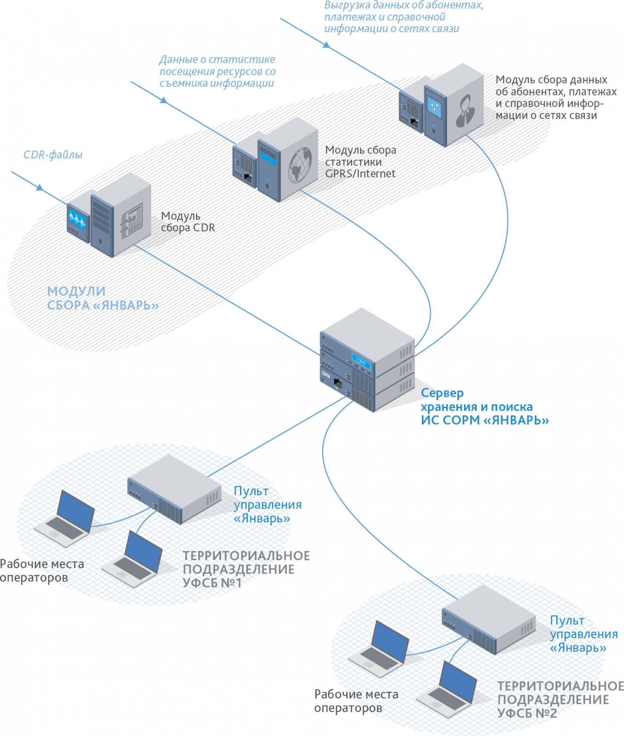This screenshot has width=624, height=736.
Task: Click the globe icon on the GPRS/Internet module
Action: tap(300, 164)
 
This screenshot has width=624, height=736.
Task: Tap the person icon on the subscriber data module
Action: tap(465, 110)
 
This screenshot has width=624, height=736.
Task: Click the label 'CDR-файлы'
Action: tap(52, 155)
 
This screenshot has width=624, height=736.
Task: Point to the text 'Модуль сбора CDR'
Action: tap(188, 222)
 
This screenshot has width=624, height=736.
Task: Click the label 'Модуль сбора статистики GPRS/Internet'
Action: tap(361, 162)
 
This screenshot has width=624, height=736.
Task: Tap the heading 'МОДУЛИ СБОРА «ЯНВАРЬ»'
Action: tap(103, 298)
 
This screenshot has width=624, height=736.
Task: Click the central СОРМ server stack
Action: tap(367, 360)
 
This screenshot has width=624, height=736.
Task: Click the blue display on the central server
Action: tap(362, 360)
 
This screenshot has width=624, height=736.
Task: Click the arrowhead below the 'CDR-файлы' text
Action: tap(40, 188)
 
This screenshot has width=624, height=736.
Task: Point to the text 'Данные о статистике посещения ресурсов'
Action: tap(217, 71)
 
